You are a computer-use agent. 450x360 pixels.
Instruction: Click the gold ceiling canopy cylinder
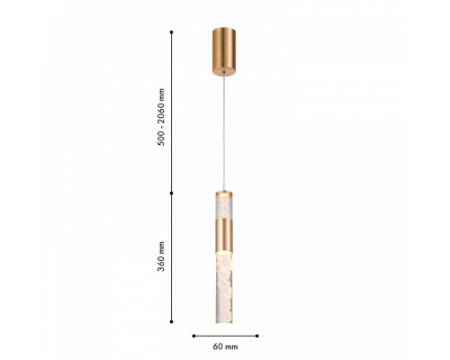point(224,52)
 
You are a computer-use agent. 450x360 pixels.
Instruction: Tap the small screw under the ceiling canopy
point(224,72)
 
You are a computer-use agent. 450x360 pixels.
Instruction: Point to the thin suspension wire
point(224,132)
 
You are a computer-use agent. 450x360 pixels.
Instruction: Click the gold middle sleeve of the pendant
point(224,235)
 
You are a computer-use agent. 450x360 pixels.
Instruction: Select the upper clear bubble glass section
point(224,208)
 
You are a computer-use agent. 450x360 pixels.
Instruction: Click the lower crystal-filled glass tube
point(224,288)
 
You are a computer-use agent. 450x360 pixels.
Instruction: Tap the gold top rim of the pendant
point(224,193)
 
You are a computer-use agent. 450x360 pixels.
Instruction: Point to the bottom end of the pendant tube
point(224,322)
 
